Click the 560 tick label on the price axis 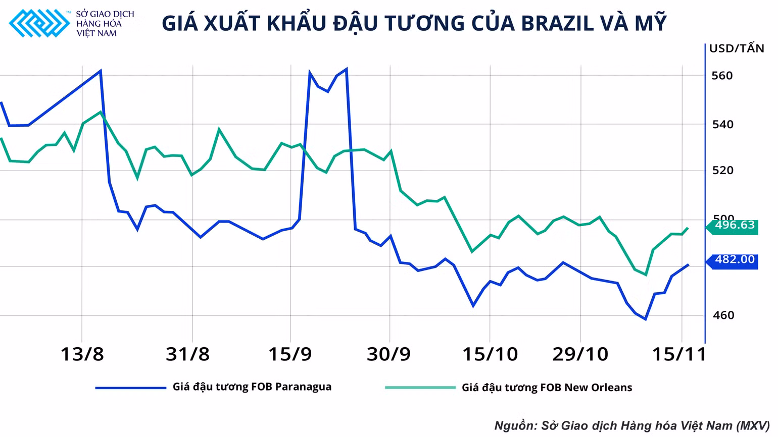(722, 76)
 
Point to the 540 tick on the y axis (723, 124)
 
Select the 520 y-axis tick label (723, 170)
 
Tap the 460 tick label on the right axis (723, 315)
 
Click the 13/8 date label (82, 354)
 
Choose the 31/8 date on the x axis (188, 354)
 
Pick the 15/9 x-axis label (290, 354)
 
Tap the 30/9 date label (388, 354)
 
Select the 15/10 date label (490, 354)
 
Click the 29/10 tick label (580, 354)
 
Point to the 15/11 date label (679, 354)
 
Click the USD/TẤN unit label (737, 48)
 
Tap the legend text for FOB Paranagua (252, 387)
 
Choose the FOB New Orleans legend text (547, 388)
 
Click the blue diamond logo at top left (39, 23)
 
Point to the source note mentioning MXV (632, 426)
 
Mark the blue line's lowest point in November (645, 319)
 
